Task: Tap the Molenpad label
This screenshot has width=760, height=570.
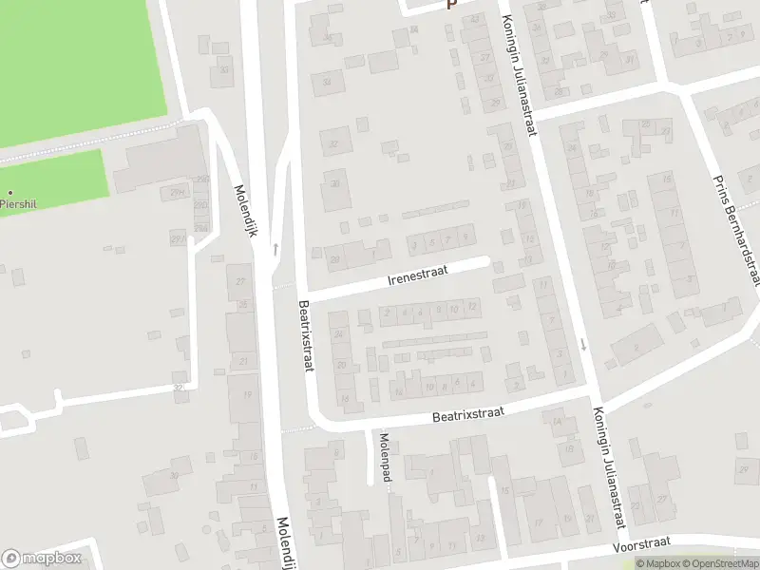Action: tap(384, 456)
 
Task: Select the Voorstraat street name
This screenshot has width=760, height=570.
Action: tap(643, 542)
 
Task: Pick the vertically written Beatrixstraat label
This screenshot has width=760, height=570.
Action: tap(308, 337)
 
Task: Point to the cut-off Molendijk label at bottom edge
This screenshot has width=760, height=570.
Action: tap(283, 545)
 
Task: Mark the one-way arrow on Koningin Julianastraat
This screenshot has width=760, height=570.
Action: tap(582, 343)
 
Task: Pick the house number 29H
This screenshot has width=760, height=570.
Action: tap(178, 193)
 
